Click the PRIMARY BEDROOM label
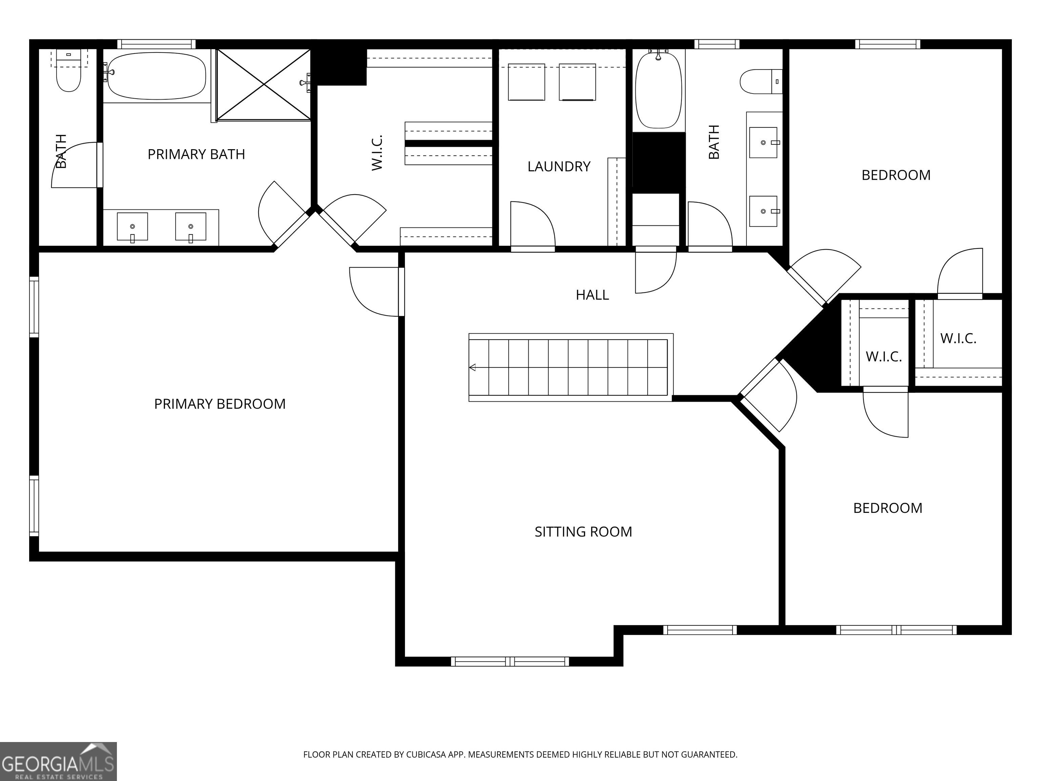click(x=220, y=404)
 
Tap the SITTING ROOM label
click(x=583, y=532)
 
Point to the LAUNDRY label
click(x=558, y=167)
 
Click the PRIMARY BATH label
click(x=196, y=155)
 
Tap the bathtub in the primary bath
click(x=155, y=76)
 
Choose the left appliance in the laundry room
click(x=527, y=82)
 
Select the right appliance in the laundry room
click(x=577, y=82)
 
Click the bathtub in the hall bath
click(x=658, y=90)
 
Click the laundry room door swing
click(x=533, y=224)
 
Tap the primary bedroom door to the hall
click(x=374, y=292)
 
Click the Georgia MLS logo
click(x=58, y=762)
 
